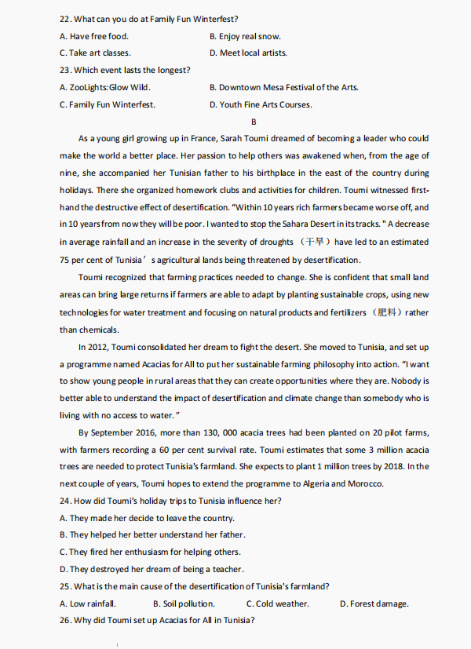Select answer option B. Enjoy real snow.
click(245, 36)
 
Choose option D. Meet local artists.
click(248, 53)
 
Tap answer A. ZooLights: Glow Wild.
click(104, 87)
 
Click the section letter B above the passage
click(254, 122)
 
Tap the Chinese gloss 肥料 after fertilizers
click(389, 312)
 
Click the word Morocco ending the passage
click(366, 483)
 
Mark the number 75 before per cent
click(64, 260)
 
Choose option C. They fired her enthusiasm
click(150, 552)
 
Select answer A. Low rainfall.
click(88, 603)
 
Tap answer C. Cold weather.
click(278, 603)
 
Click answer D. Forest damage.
click(374, 603)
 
